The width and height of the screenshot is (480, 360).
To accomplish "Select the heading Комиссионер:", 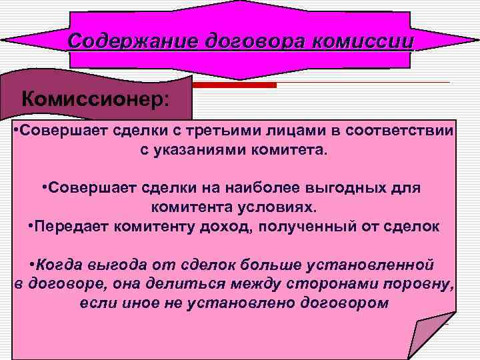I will pyautogui.click(x=95, y=99).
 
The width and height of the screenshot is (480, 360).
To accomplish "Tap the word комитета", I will pyautogui.click(x=293, y=149).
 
